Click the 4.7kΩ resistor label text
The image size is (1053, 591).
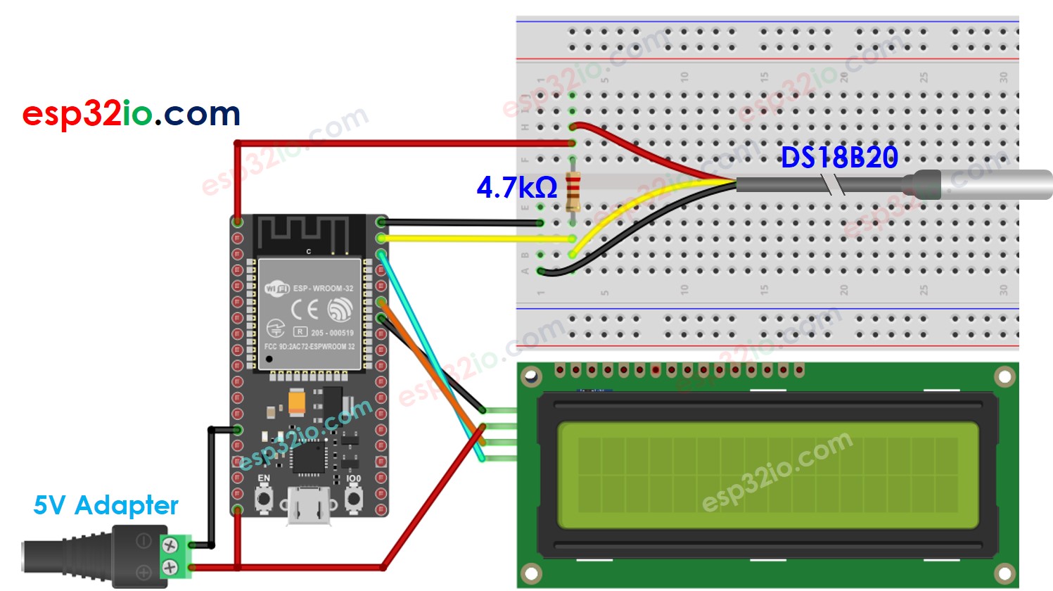click(x=517, y=187)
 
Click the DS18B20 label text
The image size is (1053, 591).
click(x=839, y=157)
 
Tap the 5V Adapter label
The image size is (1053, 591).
click(x=106, y=505)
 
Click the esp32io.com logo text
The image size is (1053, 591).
click(x=132, y=113)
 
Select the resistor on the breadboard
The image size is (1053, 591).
click(x=573, y=191)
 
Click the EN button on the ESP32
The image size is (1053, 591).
click(x=264, y=498)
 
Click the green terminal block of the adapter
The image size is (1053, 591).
click(x=175, y=556)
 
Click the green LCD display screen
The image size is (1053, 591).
click(x=767, y=475)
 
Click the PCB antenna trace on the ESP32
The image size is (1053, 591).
click(x=302, y=232)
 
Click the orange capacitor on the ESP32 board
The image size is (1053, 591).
click(x=296, y=402)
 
